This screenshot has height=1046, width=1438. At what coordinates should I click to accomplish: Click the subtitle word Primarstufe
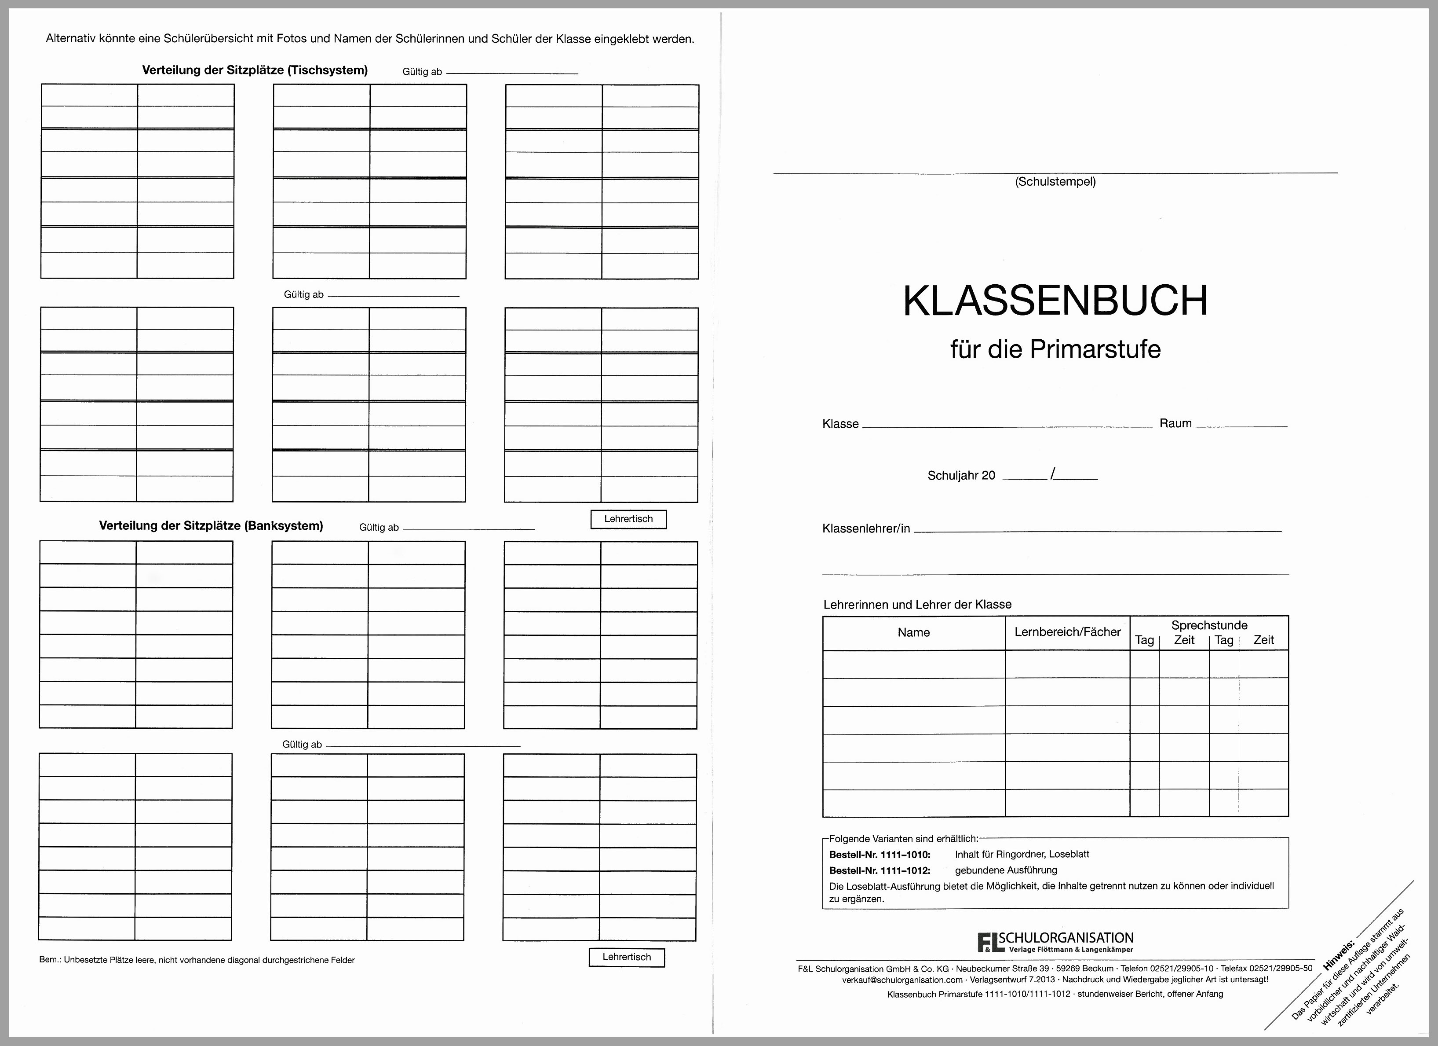(x=1095, y=349)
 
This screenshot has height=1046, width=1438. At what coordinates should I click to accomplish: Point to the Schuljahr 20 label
(x=961, y=476)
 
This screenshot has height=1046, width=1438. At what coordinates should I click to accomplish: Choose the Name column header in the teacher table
(x=913, y=632)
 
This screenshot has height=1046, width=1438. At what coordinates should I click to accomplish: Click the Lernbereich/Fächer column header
(x=1067, y=632)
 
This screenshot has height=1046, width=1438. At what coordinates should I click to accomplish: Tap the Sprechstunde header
(x=1209, y=625)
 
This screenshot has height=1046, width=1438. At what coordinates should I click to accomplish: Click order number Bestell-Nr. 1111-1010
(x=880, y=855)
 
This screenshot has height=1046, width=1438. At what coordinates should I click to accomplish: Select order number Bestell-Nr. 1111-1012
(x=880, y=871)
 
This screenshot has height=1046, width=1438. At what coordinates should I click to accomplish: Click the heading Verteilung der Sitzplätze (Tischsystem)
(x=254, y=70)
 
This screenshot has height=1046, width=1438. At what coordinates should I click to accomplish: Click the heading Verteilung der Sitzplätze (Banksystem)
(x=211, y=526)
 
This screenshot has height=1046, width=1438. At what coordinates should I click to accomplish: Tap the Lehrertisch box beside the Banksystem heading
(x=628, y=519)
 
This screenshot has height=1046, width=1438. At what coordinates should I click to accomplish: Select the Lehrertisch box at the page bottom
(x=626, y=957)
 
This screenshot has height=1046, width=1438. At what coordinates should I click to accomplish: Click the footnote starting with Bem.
(x=197, y=960)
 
